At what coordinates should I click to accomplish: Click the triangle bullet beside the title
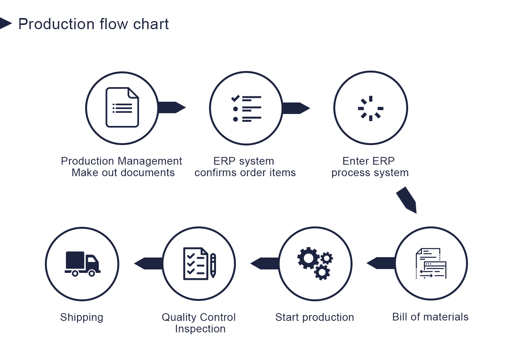pyautogui.click(x=5, y=23)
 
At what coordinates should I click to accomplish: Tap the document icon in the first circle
pyautogui.click(x=122, y=107)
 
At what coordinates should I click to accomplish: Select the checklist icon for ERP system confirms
pyautogui.click(x=246, y=108)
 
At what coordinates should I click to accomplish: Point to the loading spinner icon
pyautogui.click(x=371, y=108)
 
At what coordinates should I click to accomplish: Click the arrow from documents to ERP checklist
pyautogui.click(x=171, y=107)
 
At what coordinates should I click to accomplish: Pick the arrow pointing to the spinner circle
pyautogui.click(x=296, y=108)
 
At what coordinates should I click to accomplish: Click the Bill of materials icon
pyautogui.click(x=431, y=263)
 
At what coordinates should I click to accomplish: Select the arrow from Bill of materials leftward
pyautogui.click(x=381, y=263)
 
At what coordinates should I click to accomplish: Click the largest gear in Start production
pyautogui.click(x=308, y=258)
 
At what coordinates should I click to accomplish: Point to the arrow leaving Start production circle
pyautogui.click(x=265, y=263)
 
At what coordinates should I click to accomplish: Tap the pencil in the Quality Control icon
pyautogui.click(x=213, y=266)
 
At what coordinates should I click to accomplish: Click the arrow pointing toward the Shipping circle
pyautogui.click(x=148, y=263)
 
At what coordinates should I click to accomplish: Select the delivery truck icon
pyautogui.click(x=82, y=264)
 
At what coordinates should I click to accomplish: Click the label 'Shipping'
pyautogui.click(x=82, y=317)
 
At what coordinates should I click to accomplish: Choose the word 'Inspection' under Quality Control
pyautogui.click(x=200, y=329)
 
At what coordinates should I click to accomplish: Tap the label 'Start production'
pyautogui.click(x=315, y=317)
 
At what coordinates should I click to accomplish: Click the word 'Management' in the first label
pyautogui.click(x=150, y=161)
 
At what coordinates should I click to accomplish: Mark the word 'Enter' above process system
pyautogui.click(x=356, y=161)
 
